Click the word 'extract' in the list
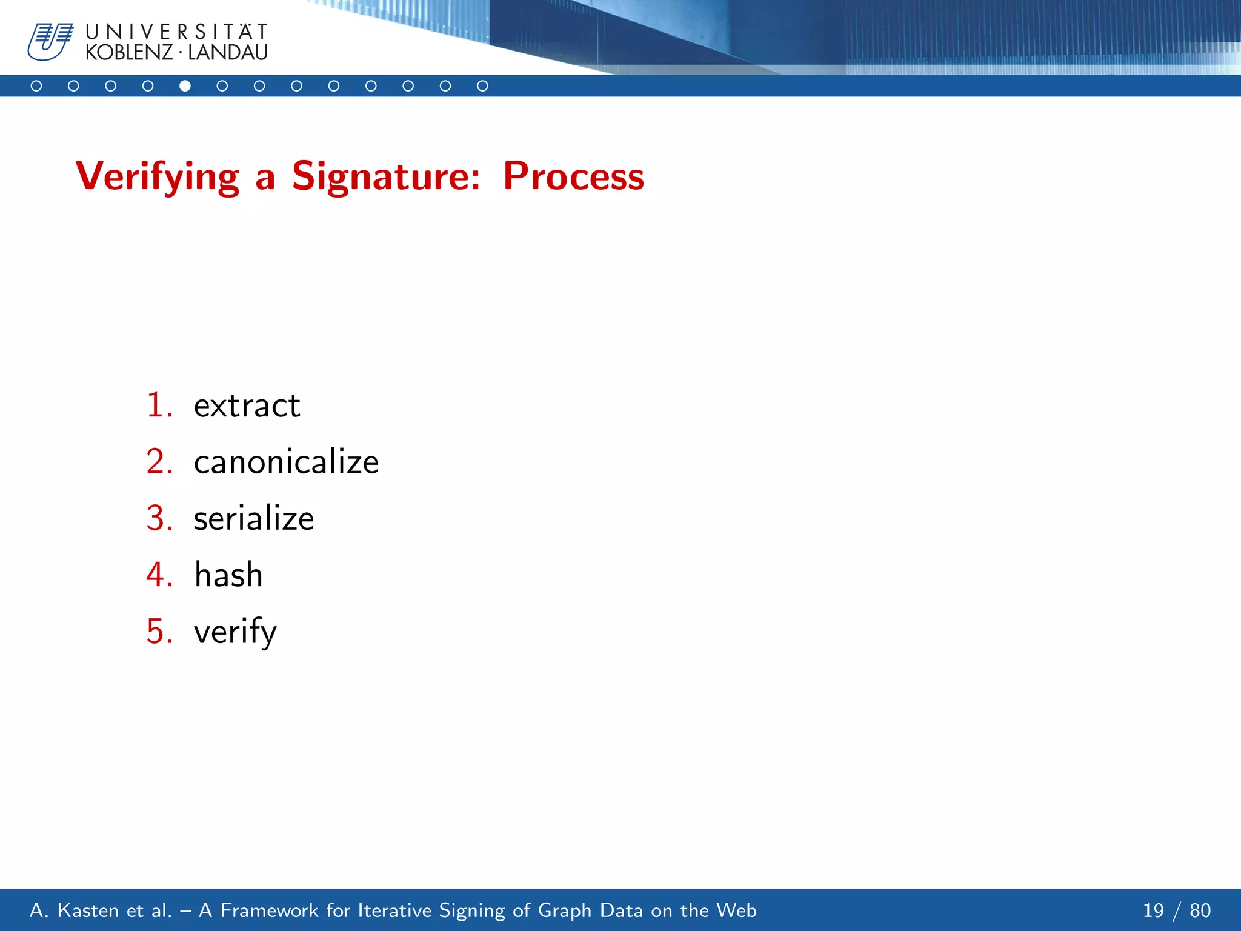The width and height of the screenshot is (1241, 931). (x=247, y=405)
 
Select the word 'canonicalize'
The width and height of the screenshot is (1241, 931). (x=286, y=462)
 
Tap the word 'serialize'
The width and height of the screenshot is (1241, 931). (x=254, y=518)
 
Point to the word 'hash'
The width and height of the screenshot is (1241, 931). (x=228, y=575)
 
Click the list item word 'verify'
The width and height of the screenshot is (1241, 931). (x=235, y=632)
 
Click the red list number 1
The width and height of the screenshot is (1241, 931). (x=159, y=405)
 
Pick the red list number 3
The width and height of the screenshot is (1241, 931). (x=159, y=518)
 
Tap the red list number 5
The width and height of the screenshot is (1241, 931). (x=159, y=631)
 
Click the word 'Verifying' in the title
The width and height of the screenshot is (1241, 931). (x=158, y=176)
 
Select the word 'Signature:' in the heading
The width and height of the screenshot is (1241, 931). (x=386, y=176)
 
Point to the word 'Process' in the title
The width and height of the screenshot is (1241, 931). (x=573, y=176)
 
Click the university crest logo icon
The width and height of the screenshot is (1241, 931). (x=50, y=41)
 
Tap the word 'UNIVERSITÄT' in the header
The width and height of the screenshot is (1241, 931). (x=176, y=32)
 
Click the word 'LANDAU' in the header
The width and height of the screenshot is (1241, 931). (x=228, y=53)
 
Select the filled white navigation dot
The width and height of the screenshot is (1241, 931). (x=185, y=86)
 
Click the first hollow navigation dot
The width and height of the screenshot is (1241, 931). (x=36, y=86)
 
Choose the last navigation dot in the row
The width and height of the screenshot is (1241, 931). (x=482, y=86)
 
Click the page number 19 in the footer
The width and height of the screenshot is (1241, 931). (x=1153, y=910)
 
